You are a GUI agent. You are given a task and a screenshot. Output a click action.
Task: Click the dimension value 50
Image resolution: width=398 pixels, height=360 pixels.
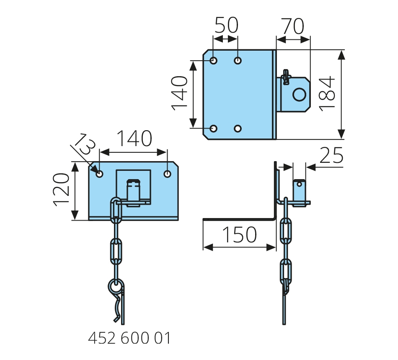click(226, 26)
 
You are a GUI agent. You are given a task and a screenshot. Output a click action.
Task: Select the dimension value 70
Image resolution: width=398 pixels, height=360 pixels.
click(292, 27)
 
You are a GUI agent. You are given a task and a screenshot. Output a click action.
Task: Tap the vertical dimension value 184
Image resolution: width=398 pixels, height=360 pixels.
click(328, 93)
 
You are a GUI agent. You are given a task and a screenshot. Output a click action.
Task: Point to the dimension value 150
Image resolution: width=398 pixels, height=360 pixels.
click(239, 235)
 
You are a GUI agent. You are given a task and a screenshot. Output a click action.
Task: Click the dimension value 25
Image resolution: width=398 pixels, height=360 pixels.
click(331, 156)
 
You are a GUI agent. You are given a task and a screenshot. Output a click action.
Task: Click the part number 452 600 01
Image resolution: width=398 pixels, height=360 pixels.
click(129, 338)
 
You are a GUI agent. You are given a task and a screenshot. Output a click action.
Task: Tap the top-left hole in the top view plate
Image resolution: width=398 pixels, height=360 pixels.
click(214, 61)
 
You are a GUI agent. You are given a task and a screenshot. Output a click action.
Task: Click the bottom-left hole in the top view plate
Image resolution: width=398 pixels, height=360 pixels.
click(214, 128)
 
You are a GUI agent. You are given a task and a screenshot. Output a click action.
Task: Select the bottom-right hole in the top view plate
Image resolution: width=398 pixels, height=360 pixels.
click(238, 128)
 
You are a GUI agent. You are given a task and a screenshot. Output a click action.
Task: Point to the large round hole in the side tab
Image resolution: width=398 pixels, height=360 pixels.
click(299, 95)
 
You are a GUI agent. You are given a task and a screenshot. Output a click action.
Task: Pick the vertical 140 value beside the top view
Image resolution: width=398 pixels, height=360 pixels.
click(181, 93)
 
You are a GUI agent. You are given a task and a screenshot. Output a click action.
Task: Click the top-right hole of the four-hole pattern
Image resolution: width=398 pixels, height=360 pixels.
click(238, 61)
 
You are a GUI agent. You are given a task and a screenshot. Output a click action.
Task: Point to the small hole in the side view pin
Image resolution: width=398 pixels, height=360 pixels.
click(299, 183)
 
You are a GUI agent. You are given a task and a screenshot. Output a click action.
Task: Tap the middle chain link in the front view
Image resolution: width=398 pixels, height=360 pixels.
click(116, 251)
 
